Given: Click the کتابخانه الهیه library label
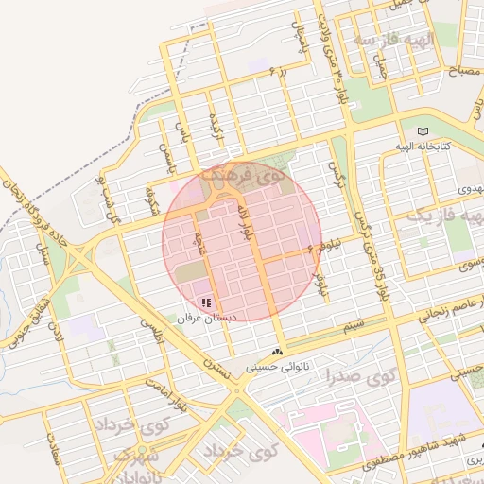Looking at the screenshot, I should (423, 147).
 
